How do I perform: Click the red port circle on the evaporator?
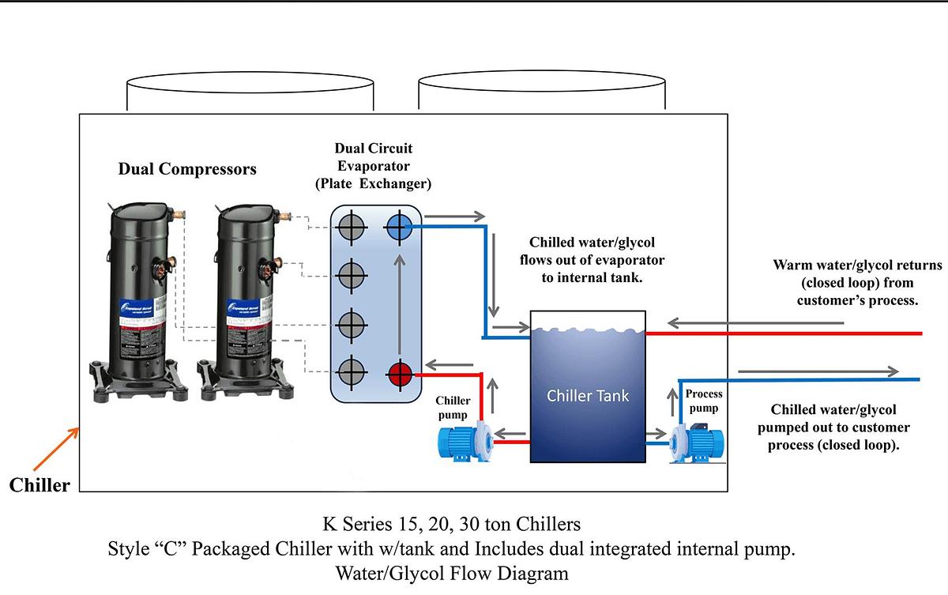(x=401, y=372)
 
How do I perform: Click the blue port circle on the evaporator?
(x=401, y=229)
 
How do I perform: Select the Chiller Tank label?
(x=588, y=395)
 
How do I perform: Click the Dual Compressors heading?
(x=187, y=169)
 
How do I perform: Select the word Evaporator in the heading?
(x=374, y=166)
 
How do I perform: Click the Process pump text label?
(x=703, y=401)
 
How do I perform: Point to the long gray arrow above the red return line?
(x=754, y=322)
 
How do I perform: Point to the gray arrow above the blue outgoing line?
(x=818, y=371)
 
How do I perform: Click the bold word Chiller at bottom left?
(x=39, y=485)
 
